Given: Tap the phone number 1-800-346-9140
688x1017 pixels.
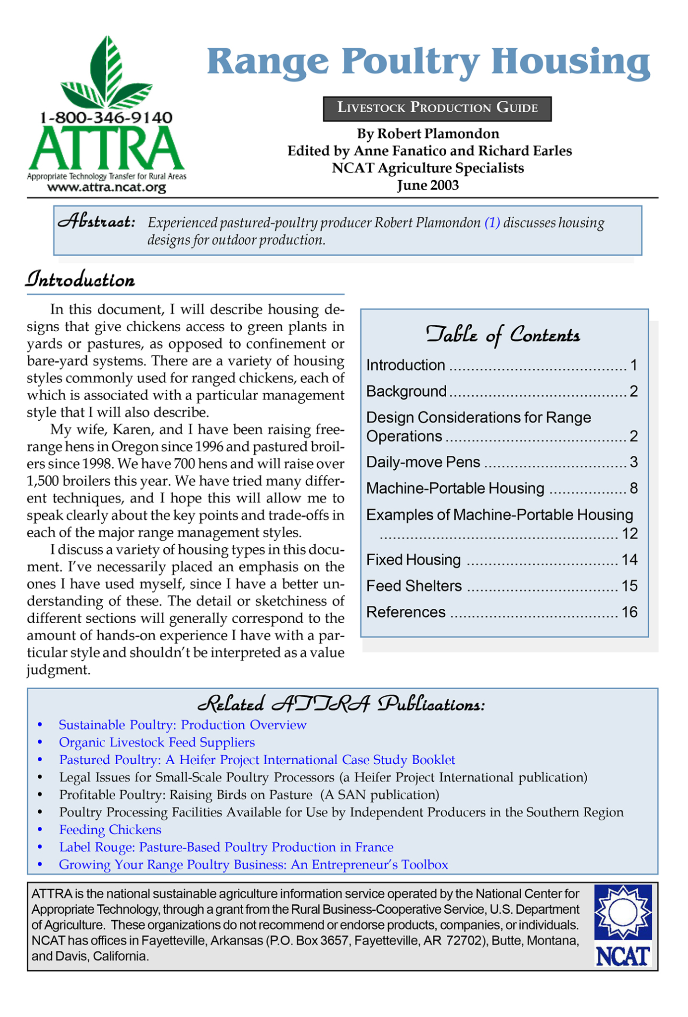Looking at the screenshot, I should coord(106,118).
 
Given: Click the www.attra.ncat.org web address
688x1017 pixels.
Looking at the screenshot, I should coord(106,187).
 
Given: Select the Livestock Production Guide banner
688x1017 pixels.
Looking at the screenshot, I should coord(437,108).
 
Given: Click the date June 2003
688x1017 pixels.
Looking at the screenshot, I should coord(427,185).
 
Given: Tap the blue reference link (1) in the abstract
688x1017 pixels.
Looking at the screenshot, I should coord(492,222).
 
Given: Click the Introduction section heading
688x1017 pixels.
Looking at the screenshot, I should coord(80,280).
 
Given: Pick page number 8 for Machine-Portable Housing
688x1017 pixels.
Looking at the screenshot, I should coord(633,489).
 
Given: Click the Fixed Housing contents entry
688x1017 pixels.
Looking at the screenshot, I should coord(413,560).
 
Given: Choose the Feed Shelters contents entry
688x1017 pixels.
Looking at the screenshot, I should coord(414,586).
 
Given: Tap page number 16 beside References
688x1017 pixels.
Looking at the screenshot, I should coord(629,612).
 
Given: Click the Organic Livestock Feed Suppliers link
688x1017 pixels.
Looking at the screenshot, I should coord(157,742).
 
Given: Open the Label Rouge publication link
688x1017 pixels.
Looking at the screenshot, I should coord(226,847).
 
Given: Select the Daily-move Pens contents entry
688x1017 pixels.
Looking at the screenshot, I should coord(423,462).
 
